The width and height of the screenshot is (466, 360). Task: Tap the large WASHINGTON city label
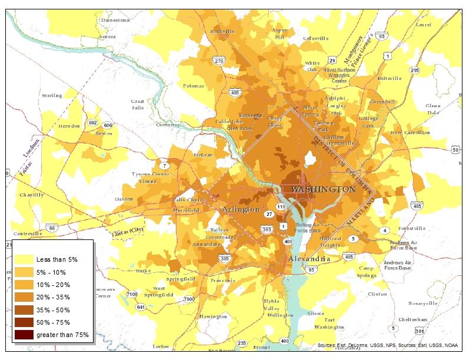point(324,189)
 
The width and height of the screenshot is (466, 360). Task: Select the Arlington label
point(241,209)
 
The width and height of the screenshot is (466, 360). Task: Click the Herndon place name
point(69,126)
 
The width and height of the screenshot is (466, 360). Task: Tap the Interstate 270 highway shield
point(219,61)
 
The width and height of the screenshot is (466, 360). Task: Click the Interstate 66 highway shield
point(52,227)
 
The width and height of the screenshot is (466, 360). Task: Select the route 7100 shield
point(132,294)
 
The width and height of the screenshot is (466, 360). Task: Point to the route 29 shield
point(332,61)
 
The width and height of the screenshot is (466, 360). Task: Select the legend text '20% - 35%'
point(51,297)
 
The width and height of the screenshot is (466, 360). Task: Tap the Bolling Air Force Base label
point(307,227)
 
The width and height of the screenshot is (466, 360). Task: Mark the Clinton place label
point(377,294)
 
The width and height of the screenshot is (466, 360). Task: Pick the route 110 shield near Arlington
point(281,208)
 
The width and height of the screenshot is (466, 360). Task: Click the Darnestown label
point(115,20)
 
